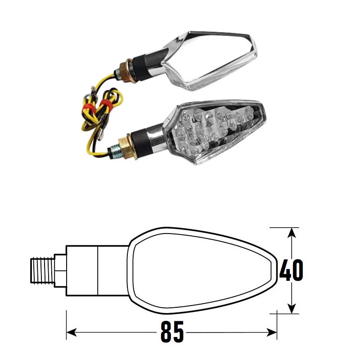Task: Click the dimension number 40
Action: (x=291, y=270)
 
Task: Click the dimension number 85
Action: (x=172, y=333)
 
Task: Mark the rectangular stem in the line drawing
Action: (x=97, y=270)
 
